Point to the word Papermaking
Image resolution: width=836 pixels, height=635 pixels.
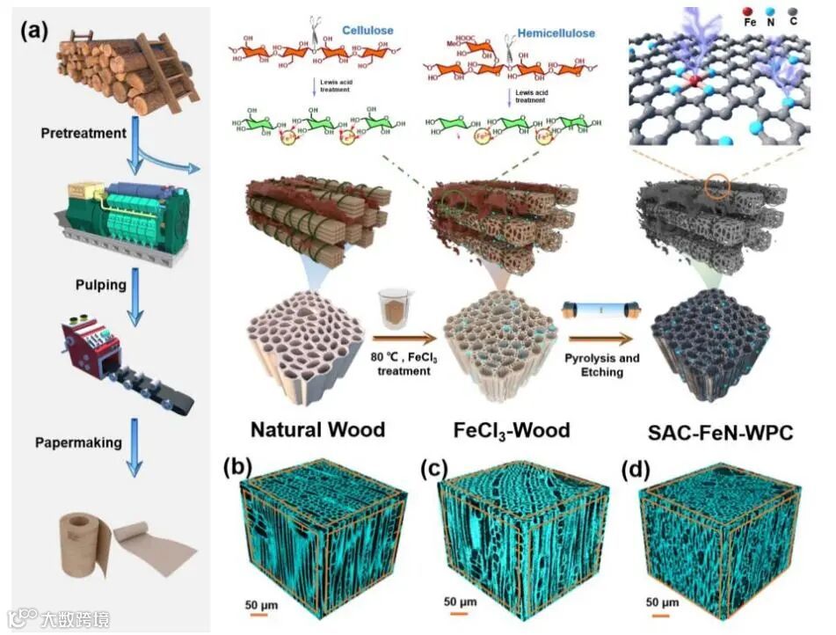(79, 442)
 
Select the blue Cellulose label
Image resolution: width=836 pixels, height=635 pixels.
(367, 31)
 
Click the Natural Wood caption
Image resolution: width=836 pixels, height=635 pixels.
(317, 430)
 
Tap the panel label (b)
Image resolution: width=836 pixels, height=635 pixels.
(241, 467)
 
